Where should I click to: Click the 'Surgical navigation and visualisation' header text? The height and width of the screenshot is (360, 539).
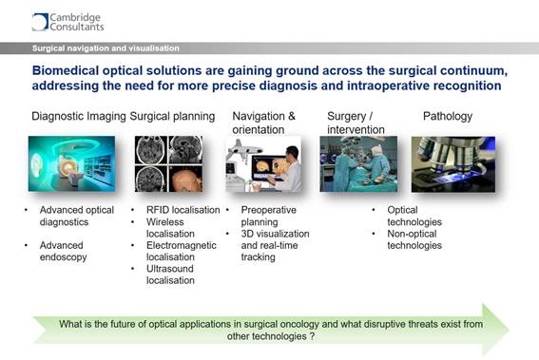(106, 47)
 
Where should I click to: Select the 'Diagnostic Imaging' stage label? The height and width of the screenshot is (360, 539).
(78, 117)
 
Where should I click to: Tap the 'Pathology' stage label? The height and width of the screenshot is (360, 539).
(447, 117)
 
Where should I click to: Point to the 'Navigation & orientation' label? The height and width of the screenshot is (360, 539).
(264, 123)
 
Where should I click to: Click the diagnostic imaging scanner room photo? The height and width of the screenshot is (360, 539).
(71, 163)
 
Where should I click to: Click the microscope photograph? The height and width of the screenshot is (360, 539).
(452, 163)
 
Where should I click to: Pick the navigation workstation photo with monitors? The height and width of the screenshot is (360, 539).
(263, 163)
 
